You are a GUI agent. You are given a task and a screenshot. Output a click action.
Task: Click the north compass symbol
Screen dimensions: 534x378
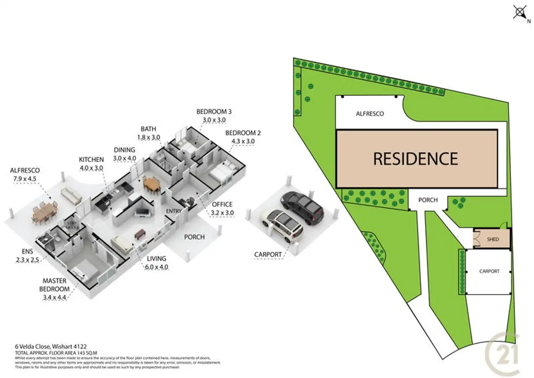click(x=520, y=12)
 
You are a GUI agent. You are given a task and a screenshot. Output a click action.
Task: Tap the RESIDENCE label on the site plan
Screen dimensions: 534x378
click(x=415, y=159)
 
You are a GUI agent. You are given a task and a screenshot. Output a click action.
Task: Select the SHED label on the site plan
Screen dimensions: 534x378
click(x=493, y=239)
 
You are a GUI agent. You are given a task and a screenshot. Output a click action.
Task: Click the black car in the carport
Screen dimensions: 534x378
click(x=302, y=208)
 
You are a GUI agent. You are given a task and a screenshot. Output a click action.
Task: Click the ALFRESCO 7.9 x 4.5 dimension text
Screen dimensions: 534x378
click(x=25, y=179)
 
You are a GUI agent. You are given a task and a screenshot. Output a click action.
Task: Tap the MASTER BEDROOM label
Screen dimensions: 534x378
click(x=54, y=285)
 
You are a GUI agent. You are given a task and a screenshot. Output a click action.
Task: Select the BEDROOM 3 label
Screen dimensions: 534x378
click(x=214, y=111)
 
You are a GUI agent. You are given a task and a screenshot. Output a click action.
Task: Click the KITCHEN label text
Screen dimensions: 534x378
click(x=91, y=159)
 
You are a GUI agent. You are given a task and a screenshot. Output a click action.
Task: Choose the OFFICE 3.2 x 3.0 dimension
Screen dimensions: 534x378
click(x=222, y=213)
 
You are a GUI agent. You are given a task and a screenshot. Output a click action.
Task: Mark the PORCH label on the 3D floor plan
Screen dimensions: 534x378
click(x=194, y=237)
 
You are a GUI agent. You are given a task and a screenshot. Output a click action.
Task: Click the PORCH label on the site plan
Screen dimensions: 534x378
click(x=428, y=200)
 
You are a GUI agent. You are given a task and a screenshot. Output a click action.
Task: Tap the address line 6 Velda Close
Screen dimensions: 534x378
click(x=51, y=347)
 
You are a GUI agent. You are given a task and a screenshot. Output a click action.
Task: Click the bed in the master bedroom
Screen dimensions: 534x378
click(x=85, y=272)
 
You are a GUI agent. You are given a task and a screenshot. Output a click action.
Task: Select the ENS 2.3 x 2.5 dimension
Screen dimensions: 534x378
click(x=28, y=260)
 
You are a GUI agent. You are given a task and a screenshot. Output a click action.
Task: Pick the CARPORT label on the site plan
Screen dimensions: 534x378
click(x=489, y=271)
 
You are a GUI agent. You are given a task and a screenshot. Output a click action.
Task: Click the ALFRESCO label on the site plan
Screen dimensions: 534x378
click(x=370, y=114)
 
